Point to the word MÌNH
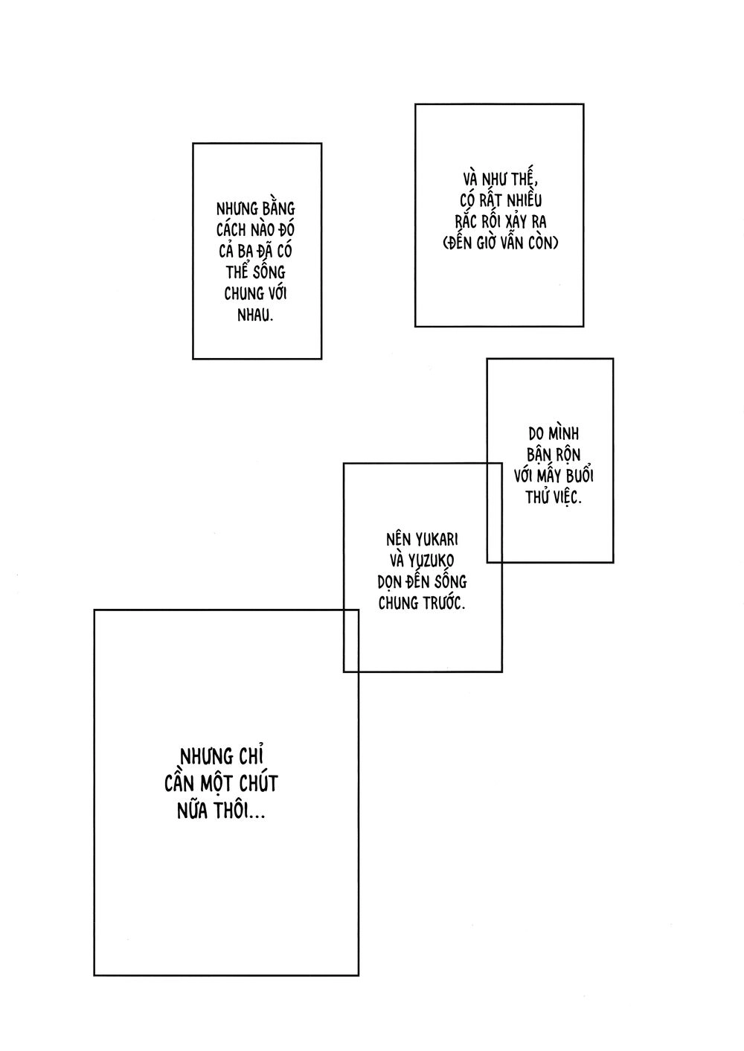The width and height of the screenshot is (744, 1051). coord(562,433)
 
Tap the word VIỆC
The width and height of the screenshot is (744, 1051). coord(565,496)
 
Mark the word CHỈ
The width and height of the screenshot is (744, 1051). coord(257,757)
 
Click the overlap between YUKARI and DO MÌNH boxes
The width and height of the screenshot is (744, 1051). coord(494,512)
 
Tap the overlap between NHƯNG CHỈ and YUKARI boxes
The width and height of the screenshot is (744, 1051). coord(351,640)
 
